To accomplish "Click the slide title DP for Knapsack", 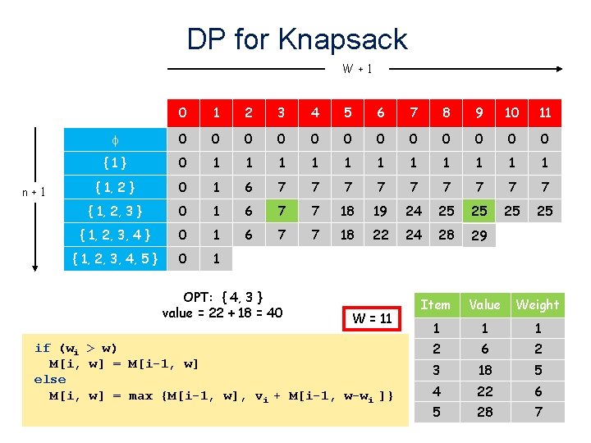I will [x=296, y=39].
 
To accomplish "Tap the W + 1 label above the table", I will [x=358, y=69].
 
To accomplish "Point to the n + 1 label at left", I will [x=34, y=193].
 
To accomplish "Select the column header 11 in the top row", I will [x=544, y=112].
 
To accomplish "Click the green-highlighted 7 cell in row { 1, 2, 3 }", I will [x=282, y=212].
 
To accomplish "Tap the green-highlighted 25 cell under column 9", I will [x=479, y=212].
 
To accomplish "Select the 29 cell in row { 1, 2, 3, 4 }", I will [x=479, y=235].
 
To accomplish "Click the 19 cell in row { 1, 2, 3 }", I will [x=380, y=212].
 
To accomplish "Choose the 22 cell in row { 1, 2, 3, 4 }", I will [x=380, y=235].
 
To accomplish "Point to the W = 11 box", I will [x=372, y=317].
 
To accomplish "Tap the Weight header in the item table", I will [x=538, y=305].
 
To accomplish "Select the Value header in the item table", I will [x=484, y=305].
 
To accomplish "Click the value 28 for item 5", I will [x=484, y=412].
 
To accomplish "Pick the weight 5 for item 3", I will [x=538, y=369].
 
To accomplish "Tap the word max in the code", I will [x=140, y=396].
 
